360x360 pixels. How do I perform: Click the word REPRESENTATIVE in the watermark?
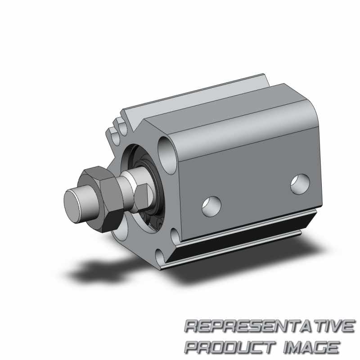pyautogui.click(x=270, y=326)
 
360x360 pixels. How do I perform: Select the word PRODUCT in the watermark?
pyautogui.click(x=230, y=347)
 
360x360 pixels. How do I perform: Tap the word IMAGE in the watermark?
pyautogui.click(x=311, y=347)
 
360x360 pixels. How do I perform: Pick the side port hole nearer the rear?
pyautogui.click(x=300, y=184)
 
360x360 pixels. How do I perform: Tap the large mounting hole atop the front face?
pyautogui.click(x=166, y=154)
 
